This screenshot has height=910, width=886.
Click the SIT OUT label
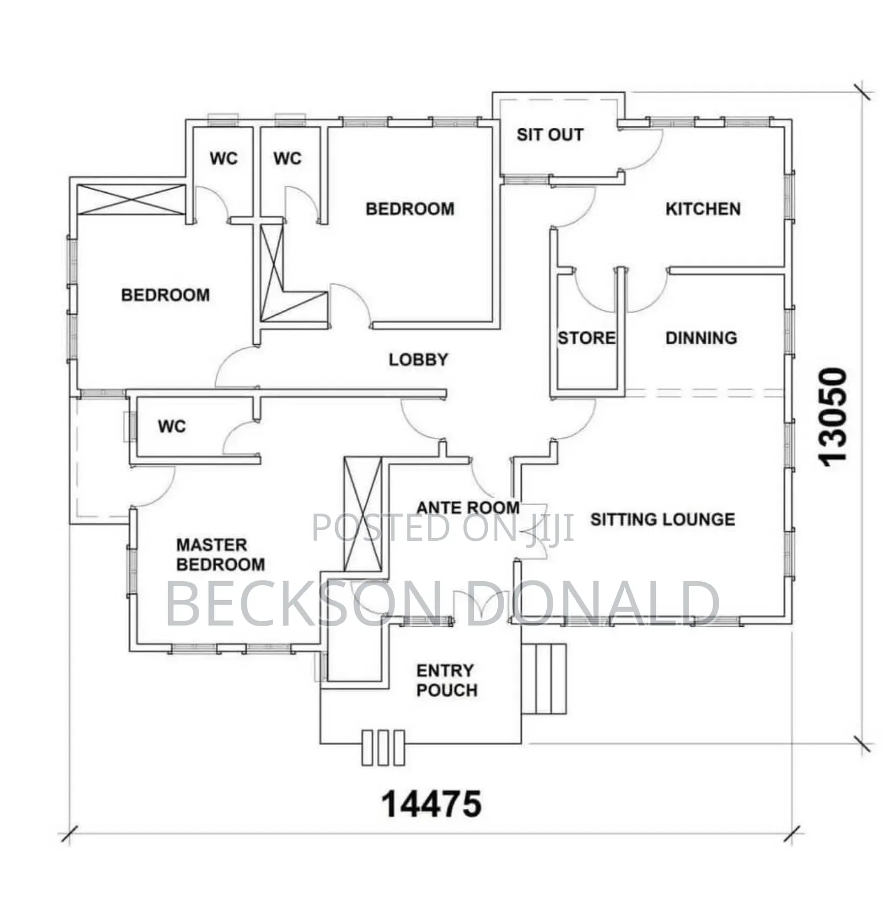tap(550, 135)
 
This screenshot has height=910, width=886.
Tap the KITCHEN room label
tap(703, 209)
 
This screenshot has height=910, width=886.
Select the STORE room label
tap(586, 338)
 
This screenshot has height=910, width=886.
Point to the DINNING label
tap(701, 338)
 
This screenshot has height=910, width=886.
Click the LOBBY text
tap(418, 359)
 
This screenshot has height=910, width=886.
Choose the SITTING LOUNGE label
tap(662, 519)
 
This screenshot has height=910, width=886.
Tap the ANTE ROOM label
tap(468, 507)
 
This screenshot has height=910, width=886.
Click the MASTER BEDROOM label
tap(220, 555)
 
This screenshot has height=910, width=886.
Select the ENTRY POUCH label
tap(447, 680)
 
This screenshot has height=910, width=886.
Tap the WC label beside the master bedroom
tap(171, 426)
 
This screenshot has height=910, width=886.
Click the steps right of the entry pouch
tap(544, 679)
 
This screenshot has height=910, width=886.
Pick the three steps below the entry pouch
tap(383, 747)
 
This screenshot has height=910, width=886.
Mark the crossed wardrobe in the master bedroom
tap(362, 514)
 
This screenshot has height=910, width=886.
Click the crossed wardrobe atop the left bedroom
tap(131, 200)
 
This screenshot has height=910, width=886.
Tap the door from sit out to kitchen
tap(640, 149)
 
